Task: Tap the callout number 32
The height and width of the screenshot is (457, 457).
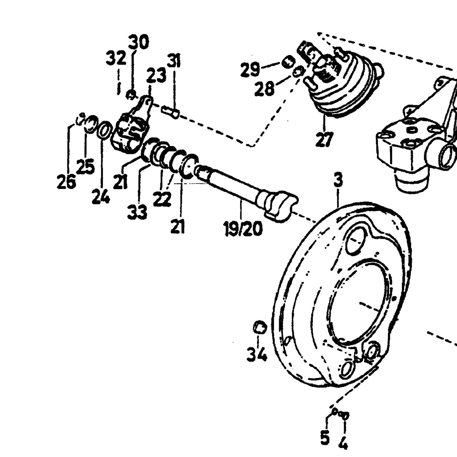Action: [x=116, y=59]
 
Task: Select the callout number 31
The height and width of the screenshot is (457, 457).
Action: [x=174, y=61]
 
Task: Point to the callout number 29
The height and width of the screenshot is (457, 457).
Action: [x=251, y=70]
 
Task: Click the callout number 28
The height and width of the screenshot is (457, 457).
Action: [x=265, y=89]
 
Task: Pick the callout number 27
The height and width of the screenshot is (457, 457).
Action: [x=324, y=139]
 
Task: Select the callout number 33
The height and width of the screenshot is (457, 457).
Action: [x=137, y=212]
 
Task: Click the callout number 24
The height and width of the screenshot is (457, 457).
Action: [x=101, y=196]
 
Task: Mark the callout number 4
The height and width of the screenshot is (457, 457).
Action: [x=343, y=441]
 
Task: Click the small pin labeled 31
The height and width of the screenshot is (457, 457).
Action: [x=170, y=112]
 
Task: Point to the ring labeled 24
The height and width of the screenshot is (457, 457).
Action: [x=105, y=130]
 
